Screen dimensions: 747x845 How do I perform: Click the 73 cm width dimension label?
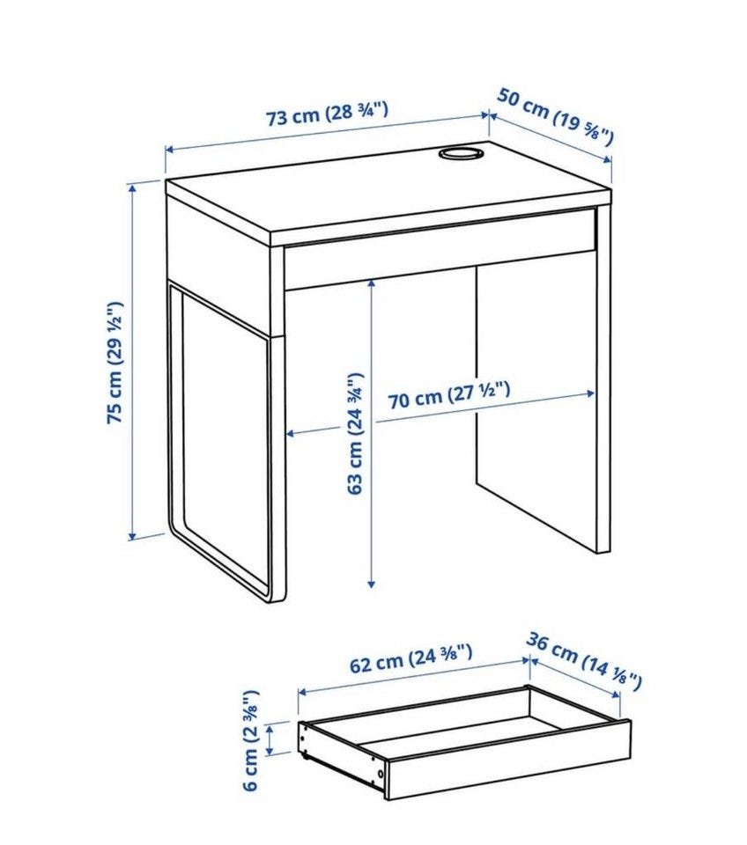click(328, 114)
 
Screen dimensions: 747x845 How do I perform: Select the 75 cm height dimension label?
click(115, 363)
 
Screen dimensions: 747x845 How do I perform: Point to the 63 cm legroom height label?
click(355, 433)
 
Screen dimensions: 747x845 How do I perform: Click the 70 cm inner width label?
click(448, 394)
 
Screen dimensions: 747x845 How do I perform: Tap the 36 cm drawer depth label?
click(584, 661)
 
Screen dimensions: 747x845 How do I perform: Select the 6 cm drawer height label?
click(251, 740)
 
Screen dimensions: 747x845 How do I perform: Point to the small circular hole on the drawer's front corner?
click(381, 774)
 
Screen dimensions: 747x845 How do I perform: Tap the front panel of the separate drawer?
click(508, 759)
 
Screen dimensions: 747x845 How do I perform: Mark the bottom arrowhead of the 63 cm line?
click(371, 583)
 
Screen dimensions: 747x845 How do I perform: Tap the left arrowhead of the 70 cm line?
click(290, 433)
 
